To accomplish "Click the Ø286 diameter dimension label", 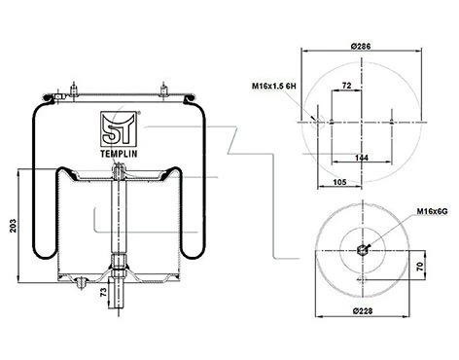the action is (361, 46).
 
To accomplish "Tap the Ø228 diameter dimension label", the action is (363, 311).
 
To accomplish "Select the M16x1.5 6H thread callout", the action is (274, 86).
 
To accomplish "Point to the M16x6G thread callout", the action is (432, 211).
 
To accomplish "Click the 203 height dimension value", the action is (13, 226).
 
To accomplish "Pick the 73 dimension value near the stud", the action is (103, 293).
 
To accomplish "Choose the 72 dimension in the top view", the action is (346, 86).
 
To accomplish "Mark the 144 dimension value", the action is (362, 158).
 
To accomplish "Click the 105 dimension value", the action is (339, 182).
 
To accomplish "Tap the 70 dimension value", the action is (420, 267).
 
